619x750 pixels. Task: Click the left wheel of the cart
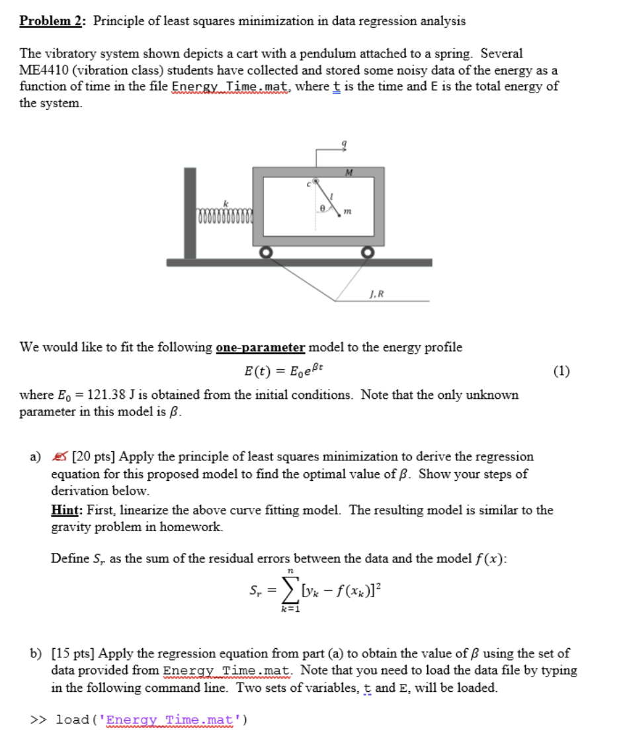(265, 252)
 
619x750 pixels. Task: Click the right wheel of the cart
(368, 253)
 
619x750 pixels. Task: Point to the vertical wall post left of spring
(190, 212)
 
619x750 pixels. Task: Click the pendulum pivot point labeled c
(316, 179)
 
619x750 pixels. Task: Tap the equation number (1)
(561, 370)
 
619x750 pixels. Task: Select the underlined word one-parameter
(261, 347)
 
